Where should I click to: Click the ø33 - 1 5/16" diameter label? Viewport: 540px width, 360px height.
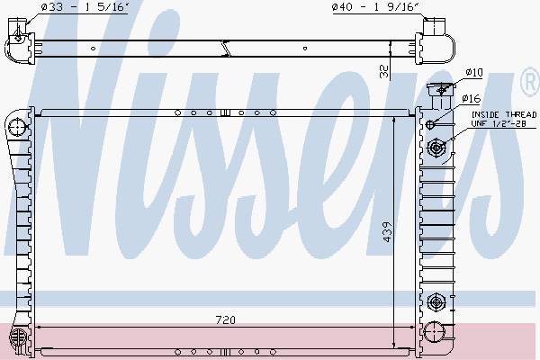pos(85,7)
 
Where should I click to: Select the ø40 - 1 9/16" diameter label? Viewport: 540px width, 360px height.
pos(375,7)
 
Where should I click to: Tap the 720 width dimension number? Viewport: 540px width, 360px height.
pos(226,320)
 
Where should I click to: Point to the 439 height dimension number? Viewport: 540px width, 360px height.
pos(387,231)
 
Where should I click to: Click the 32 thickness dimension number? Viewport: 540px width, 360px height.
pos(384,71)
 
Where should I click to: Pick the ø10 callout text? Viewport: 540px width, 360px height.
pos(474,72)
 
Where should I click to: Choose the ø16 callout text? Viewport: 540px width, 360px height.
pos(471,99)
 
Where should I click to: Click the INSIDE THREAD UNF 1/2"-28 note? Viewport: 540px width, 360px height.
pos(504,119)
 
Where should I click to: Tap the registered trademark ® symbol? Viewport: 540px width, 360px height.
pos(530,81)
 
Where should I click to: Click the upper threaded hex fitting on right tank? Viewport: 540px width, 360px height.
pos(436,148)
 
